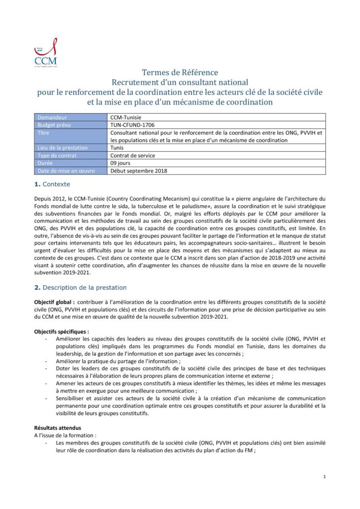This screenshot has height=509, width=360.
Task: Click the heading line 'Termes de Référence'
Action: (180, 73)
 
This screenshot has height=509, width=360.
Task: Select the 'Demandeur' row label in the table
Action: (52, 118)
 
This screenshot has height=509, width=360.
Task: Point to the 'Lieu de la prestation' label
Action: (62, 148)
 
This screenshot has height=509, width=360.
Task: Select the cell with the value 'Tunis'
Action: (117, 148)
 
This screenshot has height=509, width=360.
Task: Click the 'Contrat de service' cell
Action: (132, 155)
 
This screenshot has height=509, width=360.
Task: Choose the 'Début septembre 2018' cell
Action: (139, 171)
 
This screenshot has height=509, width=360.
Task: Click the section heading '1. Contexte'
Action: (52, 184)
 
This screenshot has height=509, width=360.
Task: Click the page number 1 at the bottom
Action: (324, 477)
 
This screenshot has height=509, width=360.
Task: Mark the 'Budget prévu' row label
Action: (55, 125)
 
